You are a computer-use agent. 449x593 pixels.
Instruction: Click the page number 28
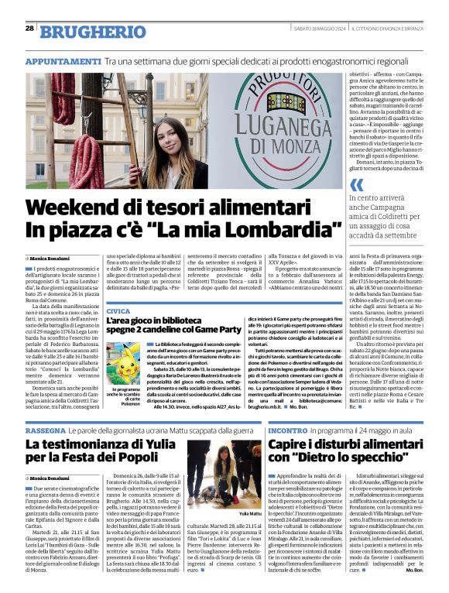pos(29,28)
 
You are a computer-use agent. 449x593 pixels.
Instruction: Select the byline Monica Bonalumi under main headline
pos(50,258)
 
